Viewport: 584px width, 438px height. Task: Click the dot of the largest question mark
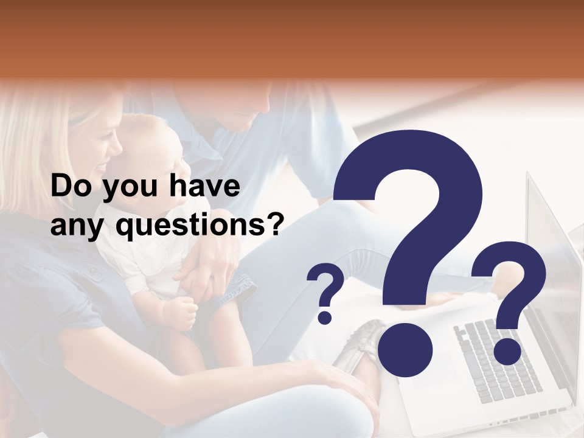coord(405,350)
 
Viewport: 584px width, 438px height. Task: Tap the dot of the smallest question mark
coord(325,317)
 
